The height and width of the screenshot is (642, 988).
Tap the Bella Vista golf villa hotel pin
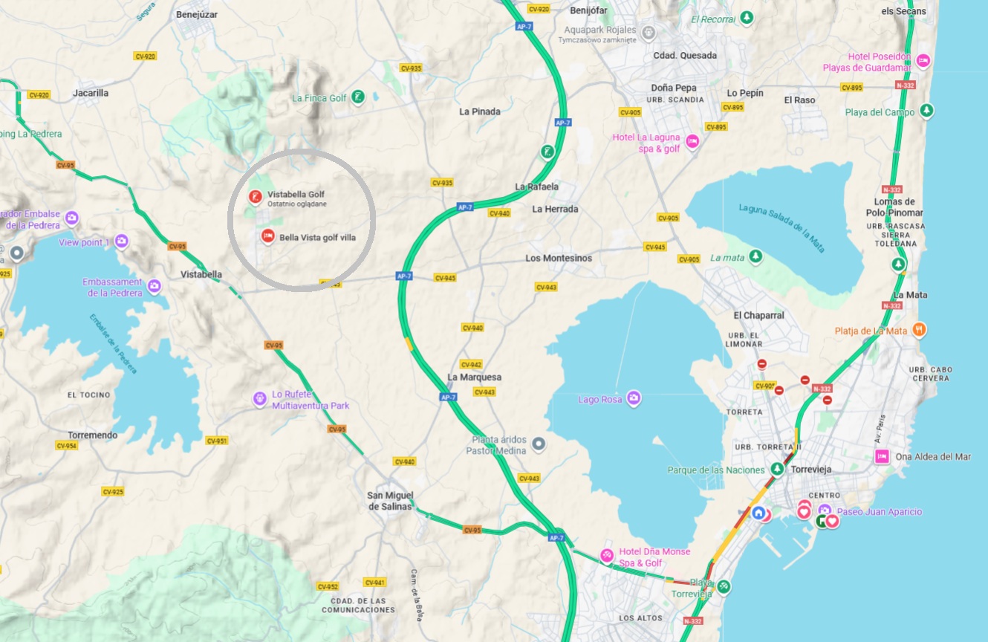tap(268, 236)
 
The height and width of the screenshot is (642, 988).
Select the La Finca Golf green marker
tap(358, 97)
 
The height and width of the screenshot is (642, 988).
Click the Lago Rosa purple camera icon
tap(633, 399)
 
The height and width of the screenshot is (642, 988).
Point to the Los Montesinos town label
tap(559, 258)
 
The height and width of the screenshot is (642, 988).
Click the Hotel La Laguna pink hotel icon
tap(692, 141)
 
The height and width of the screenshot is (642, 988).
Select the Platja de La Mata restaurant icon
tap(920, 329)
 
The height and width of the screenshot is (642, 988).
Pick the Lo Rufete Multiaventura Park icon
tap(259, 399)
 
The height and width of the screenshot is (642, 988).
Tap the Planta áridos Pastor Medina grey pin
tap(539, 444)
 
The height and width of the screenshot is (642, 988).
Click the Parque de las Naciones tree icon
tap(777, 469)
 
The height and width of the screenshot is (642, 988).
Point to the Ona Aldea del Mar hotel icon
tap(882, 456)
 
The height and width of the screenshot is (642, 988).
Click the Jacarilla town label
tap(91, 93)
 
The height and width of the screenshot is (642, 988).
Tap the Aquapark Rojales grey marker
tap(649, 33)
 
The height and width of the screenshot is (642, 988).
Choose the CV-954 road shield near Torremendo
tap(66, 446)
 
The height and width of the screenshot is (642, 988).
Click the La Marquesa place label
tap(474, 377)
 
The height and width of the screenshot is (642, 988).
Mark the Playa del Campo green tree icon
tap(926, 111)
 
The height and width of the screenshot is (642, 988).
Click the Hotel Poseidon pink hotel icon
tap(923, 60)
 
